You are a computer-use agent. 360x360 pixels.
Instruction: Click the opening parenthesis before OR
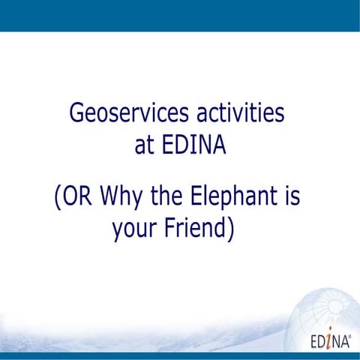tap(58, 198)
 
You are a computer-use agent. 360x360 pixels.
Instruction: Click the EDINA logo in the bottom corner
tap(328, 342)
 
